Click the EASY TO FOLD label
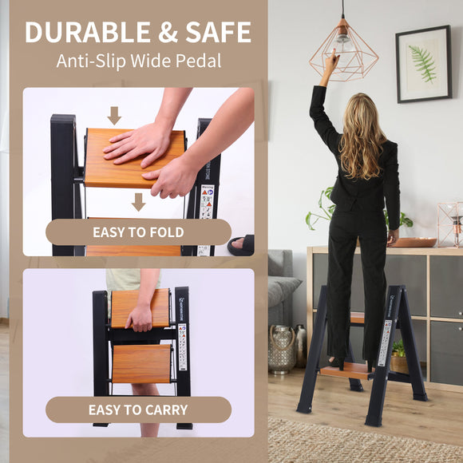[x=138, y=232]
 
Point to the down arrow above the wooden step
[x=114, y=116]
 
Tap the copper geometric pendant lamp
[x=344, y=49]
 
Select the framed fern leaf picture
[x=423, y=64]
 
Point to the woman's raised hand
[x=330, y=61]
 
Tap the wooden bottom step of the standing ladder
[x=344, y=369]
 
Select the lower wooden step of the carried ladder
[x=141, y=363]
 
